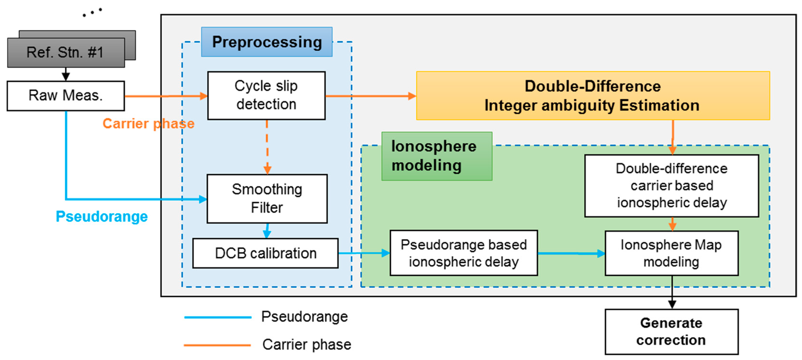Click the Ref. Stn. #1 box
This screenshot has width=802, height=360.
pos(66,52)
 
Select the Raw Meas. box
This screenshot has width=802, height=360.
pos(66,96)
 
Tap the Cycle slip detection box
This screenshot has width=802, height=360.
pos(266,95)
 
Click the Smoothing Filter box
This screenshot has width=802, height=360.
pos(267,198)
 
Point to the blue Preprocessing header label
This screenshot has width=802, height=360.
pos(267,42)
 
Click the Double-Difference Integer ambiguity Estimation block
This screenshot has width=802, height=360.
pos(592,96)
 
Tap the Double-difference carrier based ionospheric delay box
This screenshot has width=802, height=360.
pos(671,185)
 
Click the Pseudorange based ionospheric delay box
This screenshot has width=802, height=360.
pos(463,253)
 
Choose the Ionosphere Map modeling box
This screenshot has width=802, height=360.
pos(671,253)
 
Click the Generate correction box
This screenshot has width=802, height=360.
pos(671,331)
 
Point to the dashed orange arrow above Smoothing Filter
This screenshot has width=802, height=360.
pos(267,146)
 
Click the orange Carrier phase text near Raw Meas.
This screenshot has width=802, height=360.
pos(149,124)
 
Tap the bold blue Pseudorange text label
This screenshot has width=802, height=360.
pos(102,216)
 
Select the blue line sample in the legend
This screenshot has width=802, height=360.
pos(218,317)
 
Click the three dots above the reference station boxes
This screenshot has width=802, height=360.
pos(92,12)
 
